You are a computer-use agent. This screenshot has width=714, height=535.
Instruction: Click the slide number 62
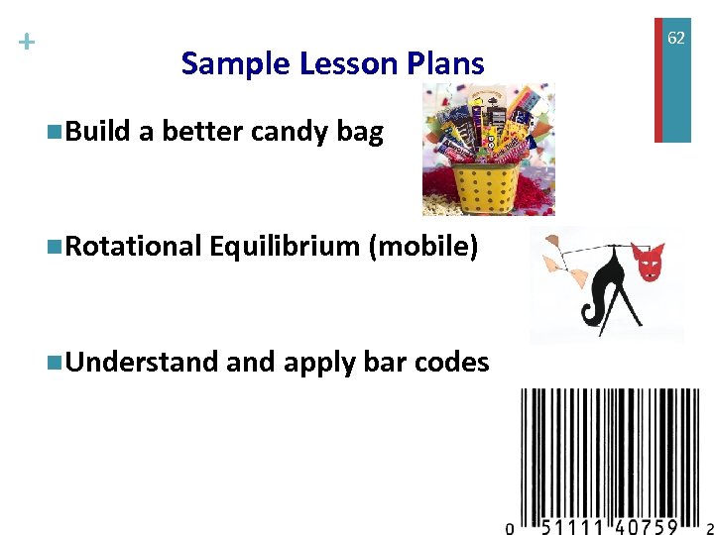(675, 38)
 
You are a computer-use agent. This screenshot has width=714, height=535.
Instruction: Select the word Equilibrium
(285, 247)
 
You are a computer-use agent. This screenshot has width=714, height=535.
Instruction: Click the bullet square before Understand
(53, 363)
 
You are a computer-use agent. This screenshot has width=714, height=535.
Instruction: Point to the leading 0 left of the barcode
(510, 527)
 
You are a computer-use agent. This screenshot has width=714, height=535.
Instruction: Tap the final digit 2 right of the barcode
(708, 527)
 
